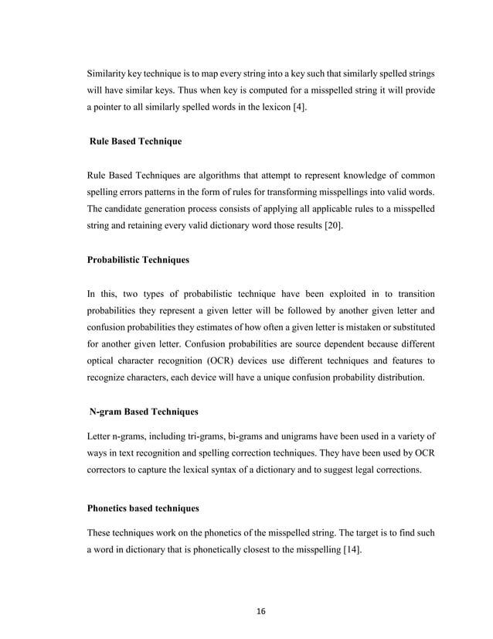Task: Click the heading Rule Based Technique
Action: (x=138, y=143)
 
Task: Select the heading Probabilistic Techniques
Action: (x=138, y=260)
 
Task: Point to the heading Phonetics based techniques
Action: (x=142, y=508)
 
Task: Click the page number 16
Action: (x=260, y=611)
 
